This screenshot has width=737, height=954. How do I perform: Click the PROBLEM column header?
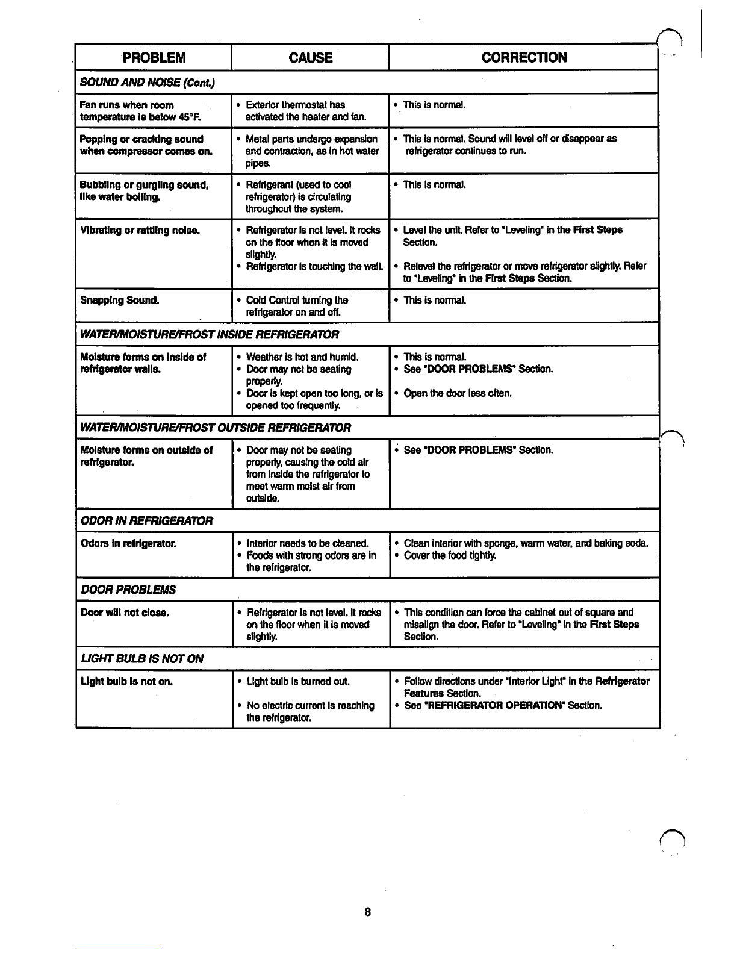tap(154, 58)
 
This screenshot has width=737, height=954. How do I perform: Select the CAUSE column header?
tap(310, 58)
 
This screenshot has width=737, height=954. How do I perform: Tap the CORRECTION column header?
tap(524, 58)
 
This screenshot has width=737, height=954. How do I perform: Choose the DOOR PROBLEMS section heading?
tap(128, 590)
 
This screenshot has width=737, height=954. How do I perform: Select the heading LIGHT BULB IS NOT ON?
tap(142, 659)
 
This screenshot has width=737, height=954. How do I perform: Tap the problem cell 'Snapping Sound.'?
tap(120, 300)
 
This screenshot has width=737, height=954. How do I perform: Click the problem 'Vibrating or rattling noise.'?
tap(140, 231)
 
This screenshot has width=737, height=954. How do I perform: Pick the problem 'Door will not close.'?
tap(125, 613)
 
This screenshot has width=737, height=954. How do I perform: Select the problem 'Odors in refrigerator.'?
tap(128, 544)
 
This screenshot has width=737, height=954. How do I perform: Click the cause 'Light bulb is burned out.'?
tap(299, 682)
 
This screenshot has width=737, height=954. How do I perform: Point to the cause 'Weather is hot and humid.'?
tap(302, 357)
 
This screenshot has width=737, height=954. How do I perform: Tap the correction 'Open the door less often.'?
tap(458, 394)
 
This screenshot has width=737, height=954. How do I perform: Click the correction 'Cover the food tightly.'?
tap(450, 556)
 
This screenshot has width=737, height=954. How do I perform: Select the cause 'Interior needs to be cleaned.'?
tap(307, 544)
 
